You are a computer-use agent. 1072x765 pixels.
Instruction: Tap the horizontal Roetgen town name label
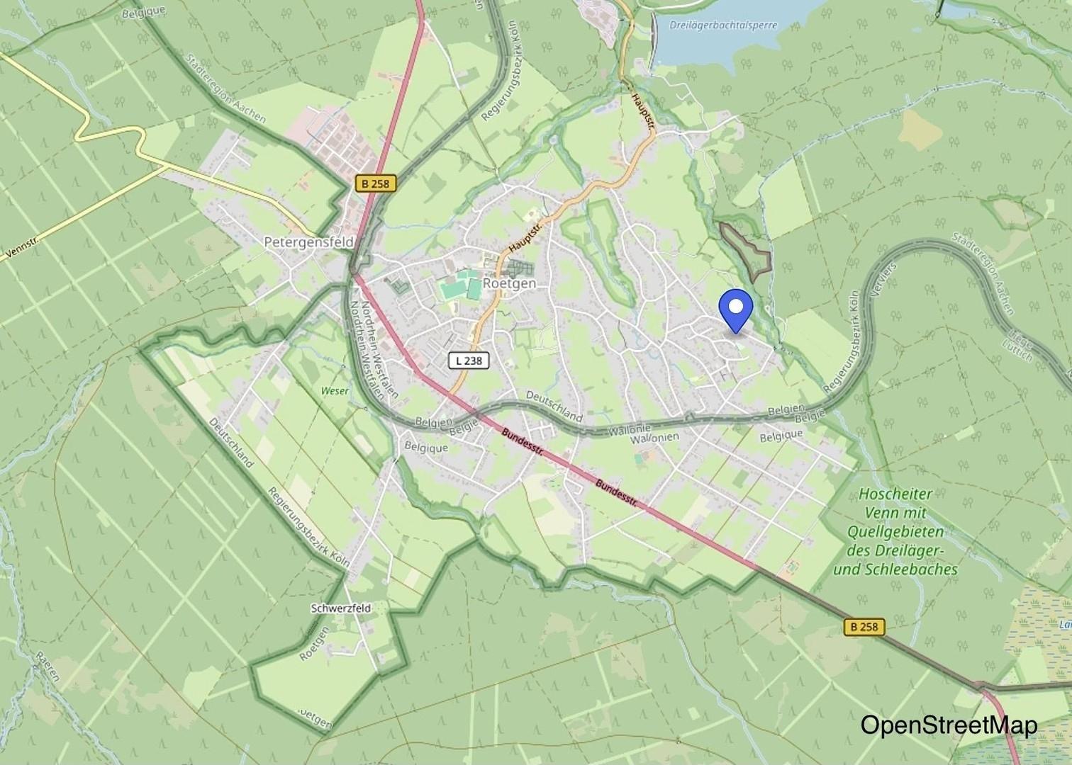point(509,283)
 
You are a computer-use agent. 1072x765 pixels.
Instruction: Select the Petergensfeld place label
point(308,242)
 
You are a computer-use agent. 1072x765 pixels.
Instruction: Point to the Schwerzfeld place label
point(340,608)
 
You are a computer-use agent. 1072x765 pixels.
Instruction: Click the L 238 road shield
point(469,361)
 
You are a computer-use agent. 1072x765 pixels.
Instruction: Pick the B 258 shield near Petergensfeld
point(375,183)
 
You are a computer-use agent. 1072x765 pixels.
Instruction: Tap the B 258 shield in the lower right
point(864,626)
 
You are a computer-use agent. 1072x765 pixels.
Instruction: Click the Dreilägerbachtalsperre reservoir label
point(722,25)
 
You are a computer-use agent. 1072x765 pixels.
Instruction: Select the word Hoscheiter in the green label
point(895,494)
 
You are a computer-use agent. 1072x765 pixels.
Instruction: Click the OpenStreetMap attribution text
point(948,725)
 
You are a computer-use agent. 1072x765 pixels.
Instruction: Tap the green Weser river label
point(335,391)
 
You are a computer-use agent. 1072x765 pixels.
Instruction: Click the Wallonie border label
point(630,429)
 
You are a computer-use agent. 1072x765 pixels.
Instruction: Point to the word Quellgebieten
point(895,531)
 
